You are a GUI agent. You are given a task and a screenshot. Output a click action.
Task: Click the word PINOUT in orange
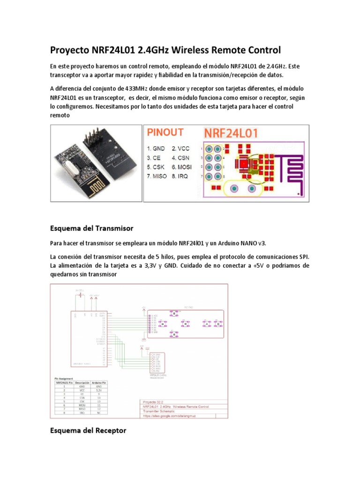165,133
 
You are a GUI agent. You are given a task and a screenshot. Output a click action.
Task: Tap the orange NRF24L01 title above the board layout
230,133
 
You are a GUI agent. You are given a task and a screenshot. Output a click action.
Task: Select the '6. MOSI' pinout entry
182,167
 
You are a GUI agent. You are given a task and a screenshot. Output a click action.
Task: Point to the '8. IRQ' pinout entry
180,176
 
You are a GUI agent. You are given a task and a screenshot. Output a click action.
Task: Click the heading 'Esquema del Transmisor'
91,228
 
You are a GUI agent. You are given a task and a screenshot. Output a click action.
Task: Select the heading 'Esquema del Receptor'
88,430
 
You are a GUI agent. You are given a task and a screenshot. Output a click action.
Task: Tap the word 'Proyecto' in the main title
70,50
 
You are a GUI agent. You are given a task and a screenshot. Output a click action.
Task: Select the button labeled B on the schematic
218,323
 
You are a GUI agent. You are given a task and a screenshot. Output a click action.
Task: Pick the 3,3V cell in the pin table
99,390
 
